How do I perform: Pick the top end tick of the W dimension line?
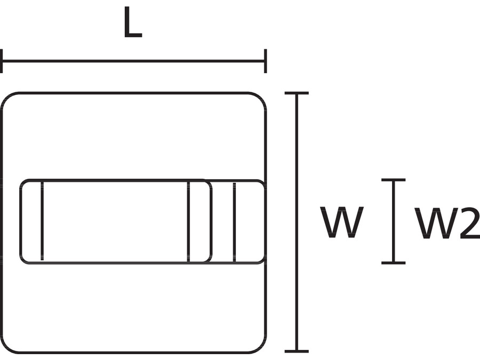tap(297, 93)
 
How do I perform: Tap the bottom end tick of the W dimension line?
tap(297, 351)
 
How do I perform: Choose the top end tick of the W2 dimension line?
tap(394, 180)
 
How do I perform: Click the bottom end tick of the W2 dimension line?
tap(394, 262)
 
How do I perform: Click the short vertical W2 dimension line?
tap(394, 221)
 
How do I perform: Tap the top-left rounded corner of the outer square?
tap(7, 99)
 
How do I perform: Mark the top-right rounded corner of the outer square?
tap(260, 99)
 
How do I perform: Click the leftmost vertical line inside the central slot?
tap(42, 221)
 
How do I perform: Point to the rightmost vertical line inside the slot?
tap(234, 221)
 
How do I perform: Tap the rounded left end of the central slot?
tap(21, 221)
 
